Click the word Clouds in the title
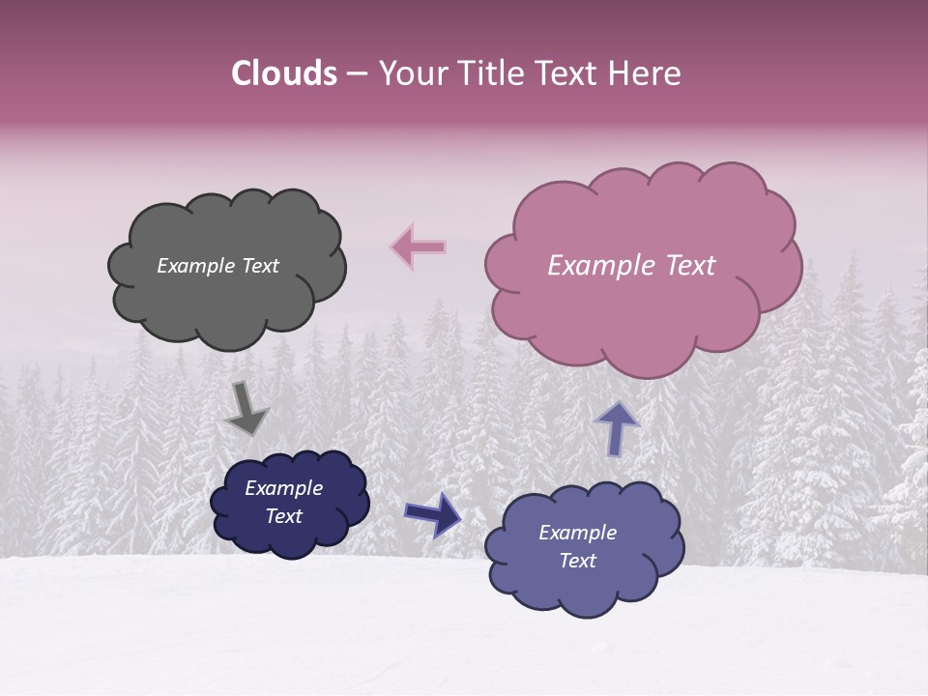(x=284, y=73)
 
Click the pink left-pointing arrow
(x=419, y=247)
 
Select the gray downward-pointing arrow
(x=246, y=409)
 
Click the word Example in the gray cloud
(x=194, y=266)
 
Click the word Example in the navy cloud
(x=283, y=488)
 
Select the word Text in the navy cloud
(x=283, y=516)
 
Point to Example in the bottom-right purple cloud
(x=577, y=533)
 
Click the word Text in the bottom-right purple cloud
(x=577, y=561)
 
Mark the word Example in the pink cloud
(x=598, y=266)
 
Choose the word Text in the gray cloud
(x=259, y=266)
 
